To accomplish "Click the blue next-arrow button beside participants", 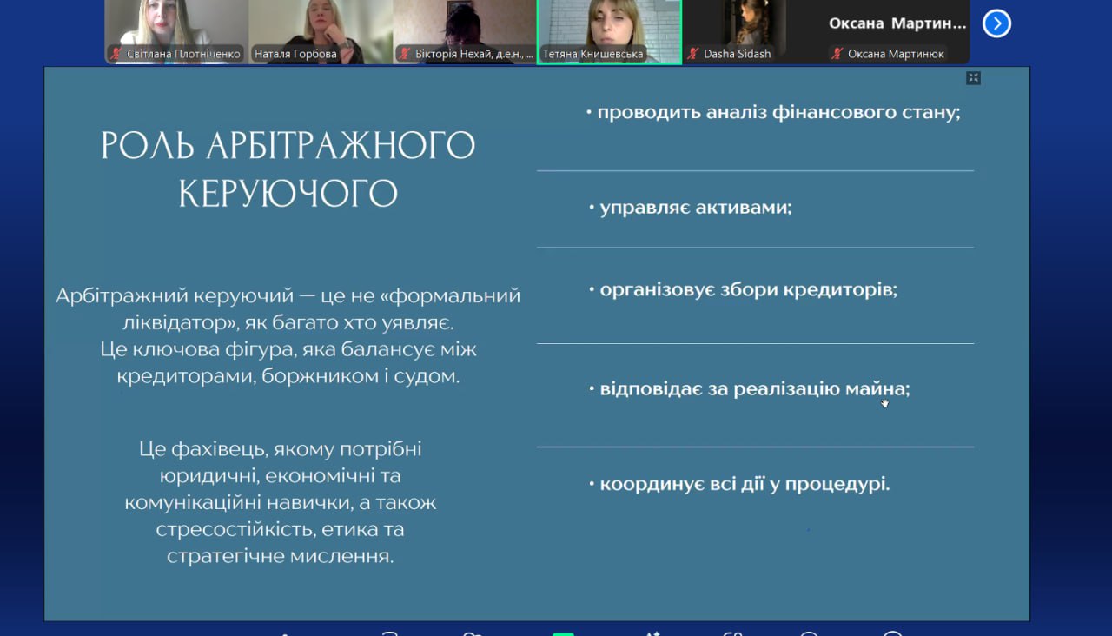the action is tap(996, 23).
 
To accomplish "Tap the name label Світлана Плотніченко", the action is tap(183, 54).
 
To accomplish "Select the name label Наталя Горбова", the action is tap(295, 54).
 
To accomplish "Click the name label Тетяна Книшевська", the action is tap(592, 54).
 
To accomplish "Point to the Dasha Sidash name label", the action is tap(738, 54).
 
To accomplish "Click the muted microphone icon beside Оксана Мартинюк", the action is tap(837, 54).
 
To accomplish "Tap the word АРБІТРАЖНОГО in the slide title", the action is tap(341, 145).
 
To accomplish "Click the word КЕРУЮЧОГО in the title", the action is tap(288, 193).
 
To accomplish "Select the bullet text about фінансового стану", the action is tap(778, 113).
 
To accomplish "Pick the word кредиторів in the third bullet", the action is tap(840, 289).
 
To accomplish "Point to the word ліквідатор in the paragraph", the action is tap(179, 322).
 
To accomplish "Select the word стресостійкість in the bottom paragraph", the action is tap(235, 529).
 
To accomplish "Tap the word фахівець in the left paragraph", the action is tap(218, 449).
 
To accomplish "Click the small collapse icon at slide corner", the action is tap(973, 78).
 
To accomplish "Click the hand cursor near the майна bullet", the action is tap(884, 403).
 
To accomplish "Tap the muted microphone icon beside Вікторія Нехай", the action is tap(405, 54).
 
